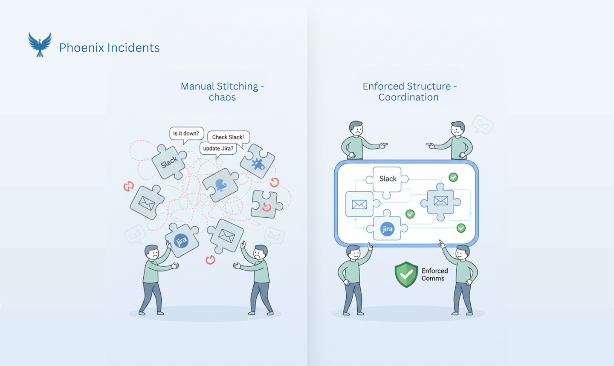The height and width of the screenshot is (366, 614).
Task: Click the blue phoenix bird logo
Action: tap(40, 44)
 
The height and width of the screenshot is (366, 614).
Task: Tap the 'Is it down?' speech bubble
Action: tap(186, 134)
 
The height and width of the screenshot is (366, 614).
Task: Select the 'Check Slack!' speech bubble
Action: tap(228, 137)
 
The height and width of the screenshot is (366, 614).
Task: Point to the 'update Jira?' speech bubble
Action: tap(218, 149)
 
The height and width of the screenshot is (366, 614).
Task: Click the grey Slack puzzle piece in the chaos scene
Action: tap(169, 162)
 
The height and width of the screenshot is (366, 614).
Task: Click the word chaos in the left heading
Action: tap(222, 98)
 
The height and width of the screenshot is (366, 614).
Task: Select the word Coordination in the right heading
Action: tap(408, 98)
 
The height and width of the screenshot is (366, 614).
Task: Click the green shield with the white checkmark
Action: tap(406, 274)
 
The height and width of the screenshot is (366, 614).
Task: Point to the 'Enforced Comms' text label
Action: tap(434, 274)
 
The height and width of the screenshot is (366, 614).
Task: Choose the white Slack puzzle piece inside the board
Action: tap(388, 179)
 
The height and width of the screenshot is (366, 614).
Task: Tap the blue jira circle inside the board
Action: tap(387, 229)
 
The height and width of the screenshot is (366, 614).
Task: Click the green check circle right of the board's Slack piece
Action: tap(453, 177)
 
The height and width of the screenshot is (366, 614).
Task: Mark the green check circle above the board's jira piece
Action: tap(410, 214)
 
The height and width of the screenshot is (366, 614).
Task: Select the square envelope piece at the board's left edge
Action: tap(359, 205)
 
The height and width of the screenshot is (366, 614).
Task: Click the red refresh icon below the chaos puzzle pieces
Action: tap(210, 260)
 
